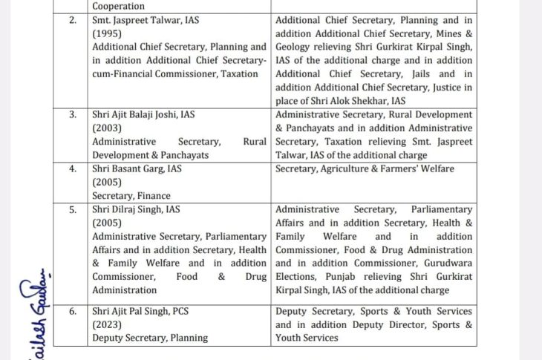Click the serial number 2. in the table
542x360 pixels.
pyautogui.click(x=73, y=20)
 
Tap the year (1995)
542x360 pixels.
pyautogui.click(x=108, y=33)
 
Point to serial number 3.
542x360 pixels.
pyautogui.click(x=73, y=114)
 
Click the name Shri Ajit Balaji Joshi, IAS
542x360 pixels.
pyautogui.click(x=142, y=114)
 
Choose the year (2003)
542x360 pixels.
pyautogui.click(x=108, y=128)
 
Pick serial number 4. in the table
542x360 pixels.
pyautogui.click(x=73, y=168)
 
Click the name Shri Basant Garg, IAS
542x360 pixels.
pyautogui.click(x=137, y=168)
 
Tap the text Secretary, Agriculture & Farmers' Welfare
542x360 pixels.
pyautogui.click(x=365, y=168)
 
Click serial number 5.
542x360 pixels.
pyautogui.click(x=73, y=209)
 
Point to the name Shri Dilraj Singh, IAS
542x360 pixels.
pyautogui.click(x=136, y=209)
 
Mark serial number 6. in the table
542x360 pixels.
pyautogui.click(x=73, y=311)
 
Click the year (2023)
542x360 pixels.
pyautogui.click(x=108, y=324)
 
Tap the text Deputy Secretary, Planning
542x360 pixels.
pyautogui.click(x=150, y=338)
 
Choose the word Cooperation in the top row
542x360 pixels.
pyautogui.click(x=119, y=6)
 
